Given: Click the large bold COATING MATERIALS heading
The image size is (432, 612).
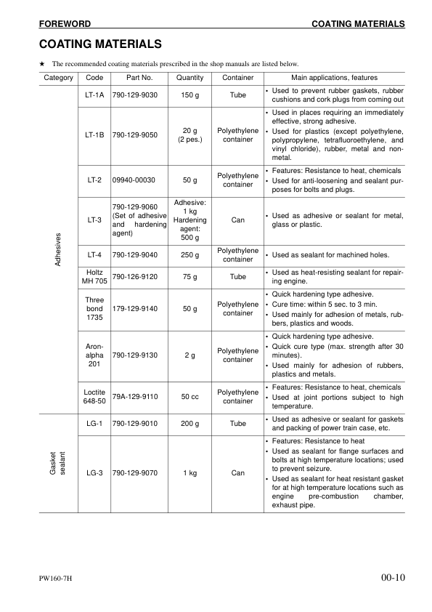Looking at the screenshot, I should point(100,44).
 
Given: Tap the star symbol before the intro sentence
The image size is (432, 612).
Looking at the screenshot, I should point(42,64).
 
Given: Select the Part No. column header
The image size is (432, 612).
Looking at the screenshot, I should point(139,77).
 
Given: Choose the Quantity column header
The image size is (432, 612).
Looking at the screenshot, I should point(190,77).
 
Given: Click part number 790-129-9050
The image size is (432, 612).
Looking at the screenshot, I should point(139,135).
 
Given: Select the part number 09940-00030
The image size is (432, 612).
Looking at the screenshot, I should point(139,180).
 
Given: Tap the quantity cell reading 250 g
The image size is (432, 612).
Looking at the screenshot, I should point(190,254).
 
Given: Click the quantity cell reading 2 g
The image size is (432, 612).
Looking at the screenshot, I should point(190,355).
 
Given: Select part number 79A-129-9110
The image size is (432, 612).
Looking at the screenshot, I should point(139,397).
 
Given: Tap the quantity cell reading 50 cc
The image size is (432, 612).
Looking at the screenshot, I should point(190,397).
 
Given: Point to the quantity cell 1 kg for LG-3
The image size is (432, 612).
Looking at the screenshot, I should point(190,473).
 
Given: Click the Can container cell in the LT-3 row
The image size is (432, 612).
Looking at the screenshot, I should point(238,219).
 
